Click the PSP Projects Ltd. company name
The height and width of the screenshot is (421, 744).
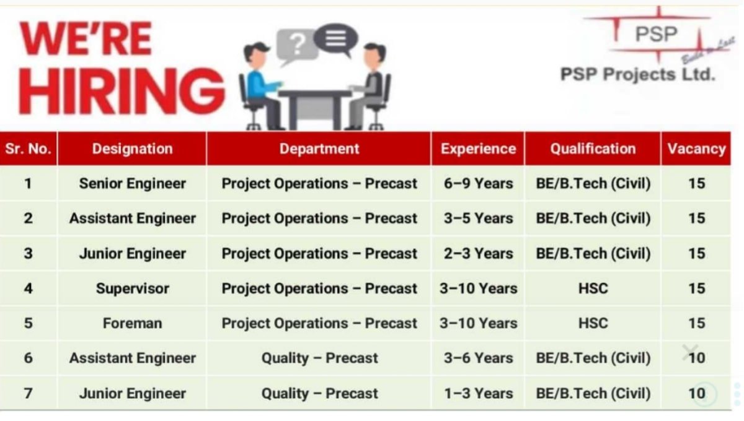pyautogui.click(x=637, y=75)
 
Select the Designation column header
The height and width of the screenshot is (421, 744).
pyautogui.click(x=132, y=149)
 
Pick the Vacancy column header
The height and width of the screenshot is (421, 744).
pyautogui.click(x=696, y=149)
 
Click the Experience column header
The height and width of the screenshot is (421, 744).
pyautogui.click(x=478, y=149)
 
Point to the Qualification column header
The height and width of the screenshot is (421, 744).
pyautogui.click(x=593, y=149)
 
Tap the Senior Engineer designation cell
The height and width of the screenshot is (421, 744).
pyautogui.click(x=132, y=184)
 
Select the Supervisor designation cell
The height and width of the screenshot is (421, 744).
pyautogui.click(x=132, y=289)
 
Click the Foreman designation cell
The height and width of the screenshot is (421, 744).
pyautogui.click(x=132, y=323)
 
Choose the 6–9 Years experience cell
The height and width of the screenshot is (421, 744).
pyautogui.click(x=478, y=184)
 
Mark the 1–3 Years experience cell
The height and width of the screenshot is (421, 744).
pyautogui.click(x=478, y=393)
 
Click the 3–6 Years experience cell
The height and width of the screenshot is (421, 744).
pyautogui.click(x=478, y=358)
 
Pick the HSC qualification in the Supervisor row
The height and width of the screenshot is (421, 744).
pyautogui.click(x=593, y=289)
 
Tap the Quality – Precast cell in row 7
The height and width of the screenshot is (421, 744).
pyautogui.click(x=319, y=393)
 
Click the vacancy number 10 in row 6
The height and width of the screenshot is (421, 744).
pyautogui.click(x=696, y=358)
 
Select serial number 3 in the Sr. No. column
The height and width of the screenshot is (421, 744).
pyautogui.click(x=29, y=254)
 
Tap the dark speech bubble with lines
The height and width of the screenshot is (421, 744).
pyautogui.click(x=335, y=38)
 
